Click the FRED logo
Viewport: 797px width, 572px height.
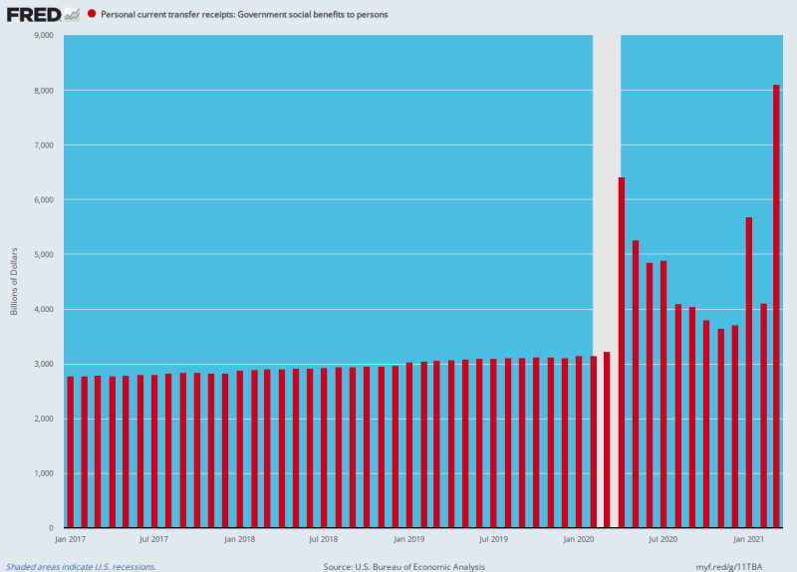[x=34, y=15]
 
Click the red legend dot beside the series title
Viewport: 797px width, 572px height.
[x=92, y=15]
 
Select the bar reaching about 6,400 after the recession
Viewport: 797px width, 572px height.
[x=622, y=349]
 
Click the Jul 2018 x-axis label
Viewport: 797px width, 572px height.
[x=325, y=540]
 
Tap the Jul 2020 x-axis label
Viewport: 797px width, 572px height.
[x=664, y=540]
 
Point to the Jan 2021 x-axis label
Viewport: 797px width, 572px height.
[x=748, y=540]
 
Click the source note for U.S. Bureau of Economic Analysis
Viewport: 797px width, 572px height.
[x=403, y=566]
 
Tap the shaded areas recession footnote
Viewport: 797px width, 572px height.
[x=82, y=566]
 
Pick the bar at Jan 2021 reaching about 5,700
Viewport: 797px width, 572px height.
[x=748, y=369]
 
